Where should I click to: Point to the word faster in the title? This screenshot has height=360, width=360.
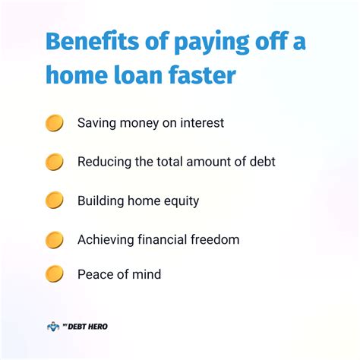click(x=202, y=74)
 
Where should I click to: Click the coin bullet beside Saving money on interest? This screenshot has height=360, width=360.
click(x=54, y=123)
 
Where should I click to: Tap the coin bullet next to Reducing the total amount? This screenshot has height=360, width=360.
click(x=54, y=162)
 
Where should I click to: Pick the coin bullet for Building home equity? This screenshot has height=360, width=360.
click(x=54, y=201)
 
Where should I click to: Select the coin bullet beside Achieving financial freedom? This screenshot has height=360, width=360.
click(x=54, y=240)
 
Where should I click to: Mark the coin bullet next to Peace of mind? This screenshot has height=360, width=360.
click(x=54, y=274)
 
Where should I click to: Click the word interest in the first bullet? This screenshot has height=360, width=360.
click(x=202, y=123)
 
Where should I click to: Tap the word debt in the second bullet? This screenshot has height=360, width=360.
click(x=262, y=162)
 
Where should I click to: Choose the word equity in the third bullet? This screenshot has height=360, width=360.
click(x=182, y=201)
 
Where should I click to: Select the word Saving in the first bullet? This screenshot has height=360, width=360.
click(x=96, y=124)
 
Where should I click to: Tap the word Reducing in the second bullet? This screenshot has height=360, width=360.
click(x=104, y=163)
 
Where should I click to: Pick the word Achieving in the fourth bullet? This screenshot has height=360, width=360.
click(x=106, y=240)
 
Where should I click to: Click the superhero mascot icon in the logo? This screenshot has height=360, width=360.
click(x=53, y=327)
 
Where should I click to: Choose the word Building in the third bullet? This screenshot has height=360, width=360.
click(x=100, y=201)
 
